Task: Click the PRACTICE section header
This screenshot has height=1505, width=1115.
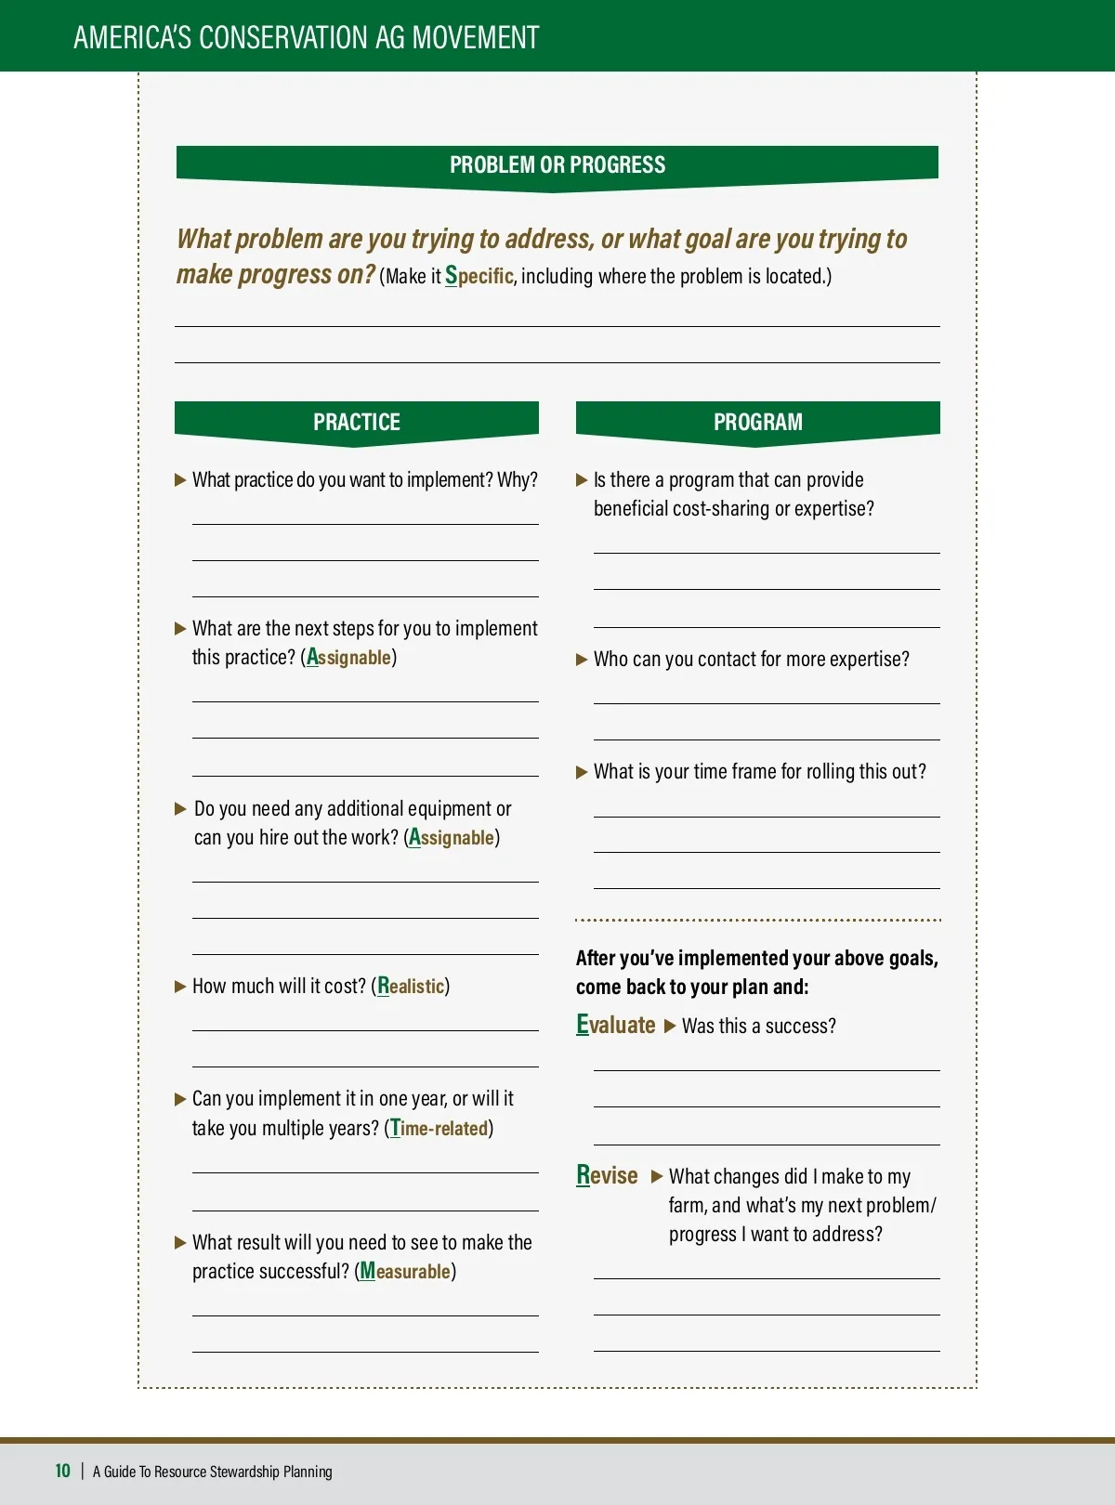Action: point(356,422)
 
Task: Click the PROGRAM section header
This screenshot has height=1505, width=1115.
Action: point(757,422)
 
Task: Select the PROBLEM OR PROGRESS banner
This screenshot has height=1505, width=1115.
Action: point(557,165)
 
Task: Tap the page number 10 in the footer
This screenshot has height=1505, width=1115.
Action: point(62,1471)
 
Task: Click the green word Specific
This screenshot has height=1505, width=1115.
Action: point(479,276)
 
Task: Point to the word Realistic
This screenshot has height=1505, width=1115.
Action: point(411,986)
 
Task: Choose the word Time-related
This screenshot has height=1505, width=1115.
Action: point(439,1128)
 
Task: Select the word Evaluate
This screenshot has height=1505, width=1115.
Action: point(616,1025)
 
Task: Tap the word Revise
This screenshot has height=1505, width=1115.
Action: point(607,1175)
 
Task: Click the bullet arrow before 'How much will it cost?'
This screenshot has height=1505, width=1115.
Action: point(180,987)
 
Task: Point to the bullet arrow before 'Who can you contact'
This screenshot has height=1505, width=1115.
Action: point(582,660)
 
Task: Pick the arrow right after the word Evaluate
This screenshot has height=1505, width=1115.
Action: point(670,1027)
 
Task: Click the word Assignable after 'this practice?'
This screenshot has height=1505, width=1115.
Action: point(349,657)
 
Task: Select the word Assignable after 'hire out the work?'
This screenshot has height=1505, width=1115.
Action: point(452,837)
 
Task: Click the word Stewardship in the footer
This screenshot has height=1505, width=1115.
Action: point(244,1472)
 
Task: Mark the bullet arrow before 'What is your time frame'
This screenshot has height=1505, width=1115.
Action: point(582,772)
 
